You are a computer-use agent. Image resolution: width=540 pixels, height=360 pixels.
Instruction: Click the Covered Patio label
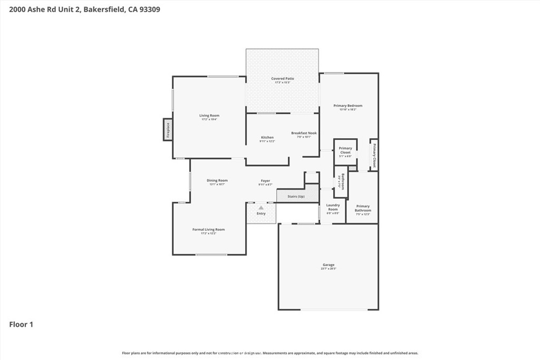[x=282, y=79]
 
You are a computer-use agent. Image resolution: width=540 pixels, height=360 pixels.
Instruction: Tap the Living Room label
[x=209, y=115]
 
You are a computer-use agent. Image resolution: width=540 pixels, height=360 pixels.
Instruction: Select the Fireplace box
[x=168, y=130]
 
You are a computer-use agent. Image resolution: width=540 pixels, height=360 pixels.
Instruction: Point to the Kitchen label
[x=267, y=138]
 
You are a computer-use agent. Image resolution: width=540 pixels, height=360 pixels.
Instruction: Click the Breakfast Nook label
[x=304, y=133]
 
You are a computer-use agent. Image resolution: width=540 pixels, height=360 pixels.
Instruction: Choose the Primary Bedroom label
[x=348, y=105]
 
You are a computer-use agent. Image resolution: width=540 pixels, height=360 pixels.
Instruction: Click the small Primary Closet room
[x=345, y=151]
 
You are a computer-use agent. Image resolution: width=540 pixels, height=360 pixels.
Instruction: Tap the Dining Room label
[x=217, y=180]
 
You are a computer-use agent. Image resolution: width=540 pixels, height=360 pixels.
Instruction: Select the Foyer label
[x=265, y=181]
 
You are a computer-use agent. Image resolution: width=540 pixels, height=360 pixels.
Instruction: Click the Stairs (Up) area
[x=296, y=197]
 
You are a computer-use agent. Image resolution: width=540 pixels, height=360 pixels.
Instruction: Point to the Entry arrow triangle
[x=261, y=208]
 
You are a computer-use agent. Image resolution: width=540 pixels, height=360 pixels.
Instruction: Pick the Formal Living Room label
[x=208, y=229]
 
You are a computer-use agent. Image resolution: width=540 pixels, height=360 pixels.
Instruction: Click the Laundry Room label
[x=333, y=207]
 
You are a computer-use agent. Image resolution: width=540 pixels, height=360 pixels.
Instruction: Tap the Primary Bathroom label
[x=363, y=208]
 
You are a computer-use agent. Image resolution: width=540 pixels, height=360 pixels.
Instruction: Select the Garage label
[x=329, y=265]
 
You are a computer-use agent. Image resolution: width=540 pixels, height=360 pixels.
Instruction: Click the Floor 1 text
[x=21, y=325]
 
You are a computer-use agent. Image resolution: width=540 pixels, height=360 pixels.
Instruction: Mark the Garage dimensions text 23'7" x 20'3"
[x=329, y=269]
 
